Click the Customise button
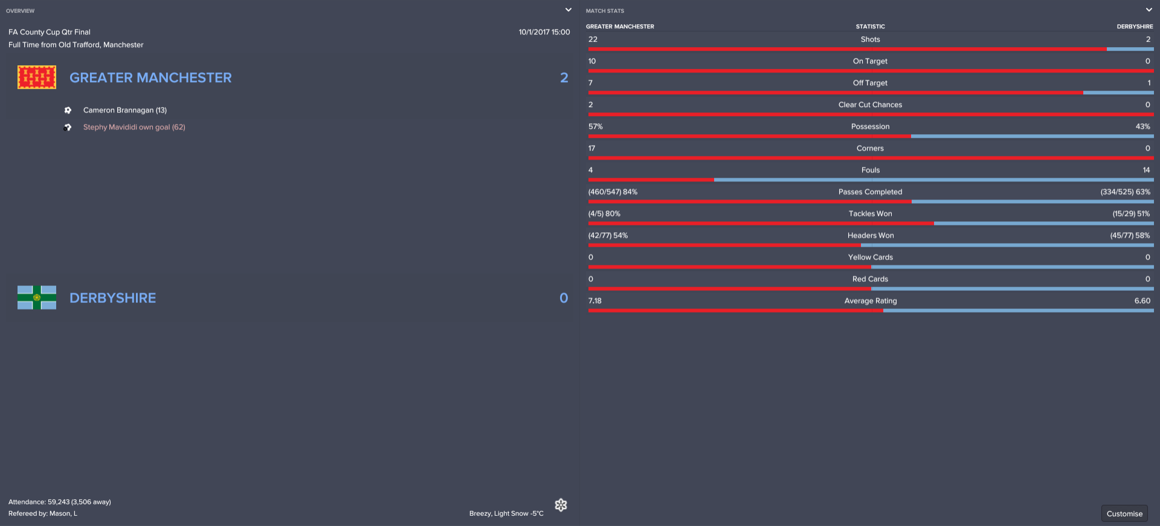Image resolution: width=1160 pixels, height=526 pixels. pos(1124,513)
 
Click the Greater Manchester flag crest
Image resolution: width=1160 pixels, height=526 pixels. pos(37,77)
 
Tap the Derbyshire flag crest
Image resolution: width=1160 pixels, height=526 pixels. pos(37,297)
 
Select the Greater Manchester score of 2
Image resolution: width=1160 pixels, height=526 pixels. pos(564,77)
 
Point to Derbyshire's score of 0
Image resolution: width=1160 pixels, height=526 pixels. pos(564,297)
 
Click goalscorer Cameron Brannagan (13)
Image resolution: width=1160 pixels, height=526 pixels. pos(125,110)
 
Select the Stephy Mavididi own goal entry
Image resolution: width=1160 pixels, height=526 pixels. pos(134,127)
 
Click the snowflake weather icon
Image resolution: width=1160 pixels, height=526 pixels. pos(561,505)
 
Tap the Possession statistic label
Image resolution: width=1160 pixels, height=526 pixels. pos(870,126)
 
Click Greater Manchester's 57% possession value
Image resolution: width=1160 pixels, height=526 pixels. pos(596,126)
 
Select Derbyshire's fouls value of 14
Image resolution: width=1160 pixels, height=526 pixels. pos(1146,170)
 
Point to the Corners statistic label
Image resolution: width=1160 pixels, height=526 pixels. pos(870,148)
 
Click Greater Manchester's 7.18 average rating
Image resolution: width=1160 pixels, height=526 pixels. pos(595,300)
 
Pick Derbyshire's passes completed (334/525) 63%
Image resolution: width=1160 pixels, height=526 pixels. pos(1125,192)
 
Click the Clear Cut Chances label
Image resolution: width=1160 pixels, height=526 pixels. pos(870,105)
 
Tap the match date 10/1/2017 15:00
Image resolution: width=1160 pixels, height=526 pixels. pos(544,32)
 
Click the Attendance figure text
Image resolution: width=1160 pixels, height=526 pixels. pos(60,502)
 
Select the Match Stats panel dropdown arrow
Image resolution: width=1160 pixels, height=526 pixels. pos(1149,10)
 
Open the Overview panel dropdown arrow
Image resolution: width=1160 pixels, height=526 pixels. pos(568,10)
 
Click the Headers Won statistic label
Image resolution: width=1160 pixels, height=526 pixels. pos(870,235)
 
